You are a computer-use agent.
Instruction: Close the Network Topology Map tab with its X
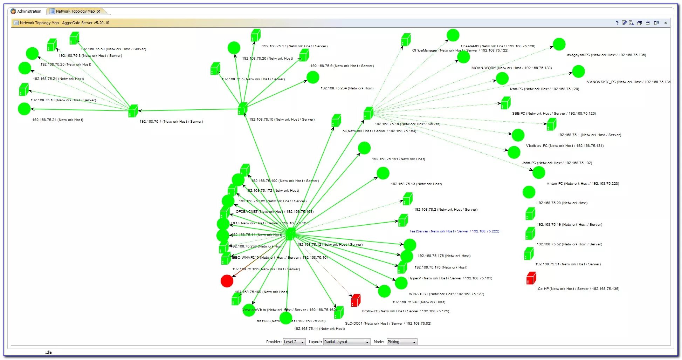click(99, 11)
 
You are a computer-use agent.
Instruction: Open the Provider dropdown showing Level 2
click(294, 342)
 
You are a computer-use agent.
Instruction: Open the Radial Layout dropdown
click(346, 342)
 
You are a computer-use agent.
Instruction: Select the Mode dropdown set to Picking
click(402, 342)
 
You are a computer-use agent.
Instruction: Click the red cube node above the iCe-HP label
click(531, 278)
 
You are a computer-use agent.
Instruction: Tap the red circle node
click(227, 281)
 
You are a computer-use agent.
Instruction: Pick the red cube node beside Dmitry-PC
click(356, 300)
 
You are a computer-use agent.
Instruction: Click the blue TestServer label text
click(454, 231)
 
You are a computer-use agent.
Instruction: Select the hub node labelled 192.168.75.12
click(290, 234)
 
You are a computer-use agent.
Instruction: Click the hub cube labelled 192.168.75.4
click(133, 111)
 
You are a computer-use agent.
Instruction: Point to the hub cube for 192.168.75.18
click(368, 113)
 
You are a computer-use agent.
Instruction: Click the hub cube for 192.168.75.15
click(242, 109)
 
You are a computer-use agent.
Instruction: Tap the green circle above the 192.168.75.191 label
click(364, 148)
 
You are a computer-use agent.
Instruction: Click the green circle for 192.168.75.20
click(529, 192)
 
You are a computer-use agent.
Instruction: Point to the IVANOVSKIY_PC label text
click(628, 82)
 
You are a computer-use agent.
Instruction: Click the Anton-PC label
click(583, 184)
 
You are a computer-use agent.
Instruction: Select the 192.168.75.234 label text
click(347, 88)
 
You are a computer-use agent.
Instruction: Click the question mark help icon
click(617, 23)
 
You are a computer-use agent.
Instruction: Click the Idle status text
click(48, 352)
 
